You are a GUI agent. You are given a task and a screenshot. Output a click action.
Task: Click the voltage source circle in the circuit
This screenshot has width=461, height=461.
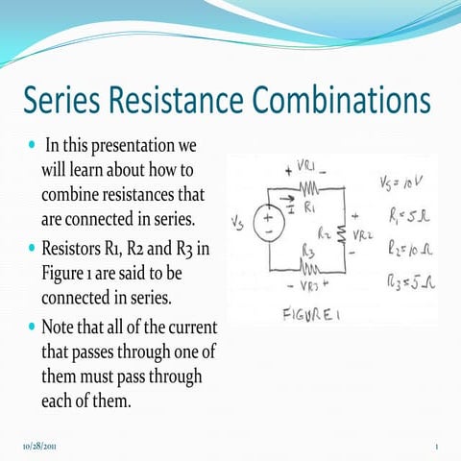coord(268,226)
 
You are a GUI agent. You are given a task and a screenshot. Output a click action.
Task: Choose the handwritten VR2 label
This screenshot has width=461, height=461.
coord(364,233)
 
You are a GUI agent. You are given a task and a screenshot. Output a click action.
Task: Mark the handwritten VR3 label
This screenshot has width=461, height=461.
coord(308,284)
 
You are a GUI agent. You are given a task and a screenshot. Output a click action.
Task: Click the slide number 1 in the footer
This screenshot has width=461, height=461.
coord(436,447)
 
